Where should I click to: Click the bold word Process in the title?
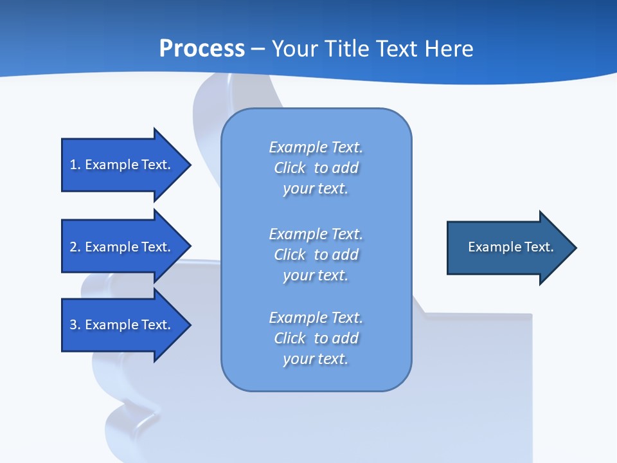coord(202,49)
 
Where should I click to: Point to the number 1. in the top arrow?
coord(75,165)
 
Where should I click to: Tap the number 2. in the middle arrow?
coord(75,247)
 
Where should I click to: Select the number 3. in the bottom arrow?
coord(75,325)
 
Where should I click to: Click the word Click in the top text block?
coord(290,168)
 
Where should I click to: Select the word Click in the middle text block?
coord(290,255)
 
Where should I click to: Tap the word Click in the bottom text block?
coord(290,338)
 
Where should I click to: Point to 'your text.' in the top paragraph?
coord(316,189)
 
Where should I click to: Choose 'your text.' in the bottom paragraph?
coord(316,359)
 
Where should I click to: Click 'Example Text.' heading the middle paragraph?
coord(316,234)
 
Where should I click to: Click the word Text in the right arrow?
coord(539,247)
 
